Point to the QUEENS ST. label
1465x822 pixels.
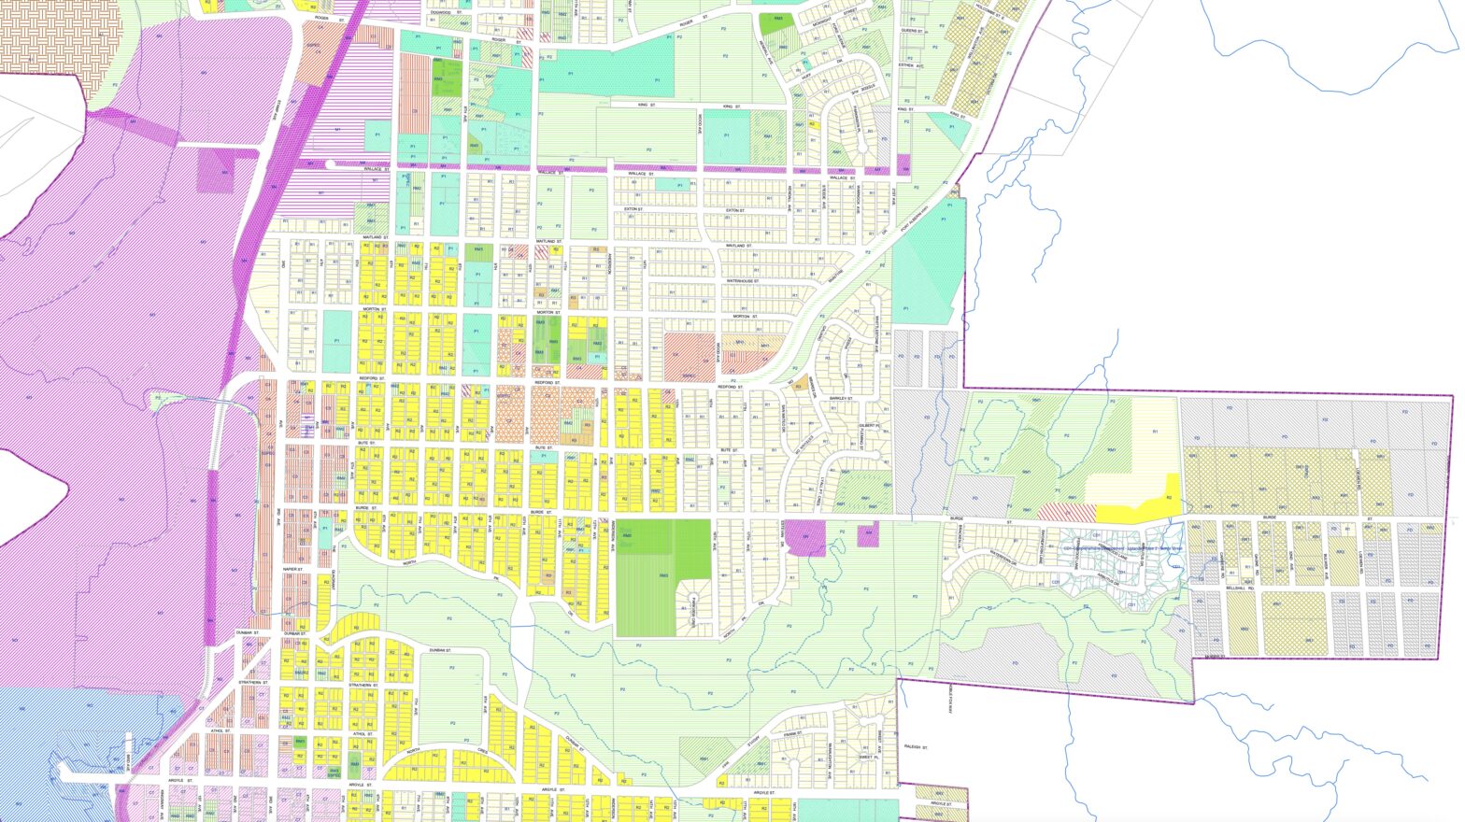(911, 31)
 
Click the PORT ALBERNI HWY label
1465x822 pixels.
(919, 218)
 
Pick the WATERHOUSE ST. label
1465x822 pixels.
(745, 280)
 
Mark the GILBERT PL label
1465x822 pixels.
(868, 425)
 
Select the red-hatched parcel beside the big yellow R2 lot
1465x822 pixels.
(1065, 512)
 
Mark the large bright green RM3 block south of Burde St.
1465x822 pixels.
(662, 575)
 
